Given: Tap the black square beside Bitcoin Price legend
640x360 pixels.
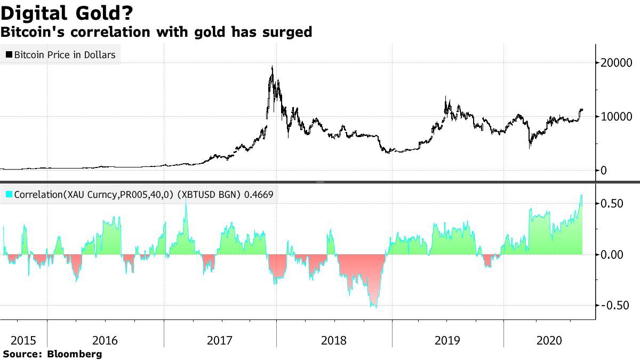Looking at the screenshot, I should pyautogui.click(x=9, y=54).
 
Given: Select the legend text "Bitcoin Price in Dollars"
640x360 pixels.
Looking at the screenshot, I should pyautogui.click(x=65, y=54).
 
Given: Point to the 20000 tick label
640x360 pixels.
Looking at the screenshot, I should pyautogui.click(x=614, y=63).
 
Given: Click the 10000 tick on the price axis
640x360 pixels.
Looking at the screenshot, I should pyautogui.click(x=614, y=116).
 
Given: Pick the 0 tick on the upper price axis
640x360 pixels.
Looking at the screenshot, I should pyautogui.click(x=604, y=171).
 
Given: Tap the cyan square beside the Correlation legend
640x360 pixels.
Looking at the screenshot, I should pyautogui.click(x=9, y=195).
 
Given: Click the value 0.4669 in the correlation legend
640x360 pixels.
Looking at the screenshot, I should pyautogui.click(x=259, y=195).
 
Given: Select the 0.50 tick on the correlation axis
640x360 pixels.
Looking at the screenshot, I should pyautogui.click(x=612, y=204).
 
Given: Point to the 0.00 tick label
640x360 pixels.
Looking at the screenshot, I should pyautogui.click(x=612, y=254).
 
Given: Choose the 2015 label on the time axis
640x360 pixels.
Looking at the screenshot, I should pyautogui.click(x=23, y=340).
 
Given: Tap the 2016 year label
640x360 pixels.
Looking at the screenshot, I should pyautogui.click(x=105, y=340).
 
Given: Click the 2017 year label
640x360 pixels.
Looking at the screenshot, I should pyautogui.click(x=220, y=340).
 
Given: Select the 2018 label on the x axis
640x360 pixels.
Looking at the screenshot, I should pyautogui.click(x=334, y=340).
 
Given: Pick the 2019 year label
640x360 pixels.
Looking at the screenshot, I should pyautogui.click(x=448, y=340).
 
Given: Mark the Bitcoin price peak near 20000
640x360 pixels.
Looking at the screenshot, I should pyautogui.click(x=273, y=67).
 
